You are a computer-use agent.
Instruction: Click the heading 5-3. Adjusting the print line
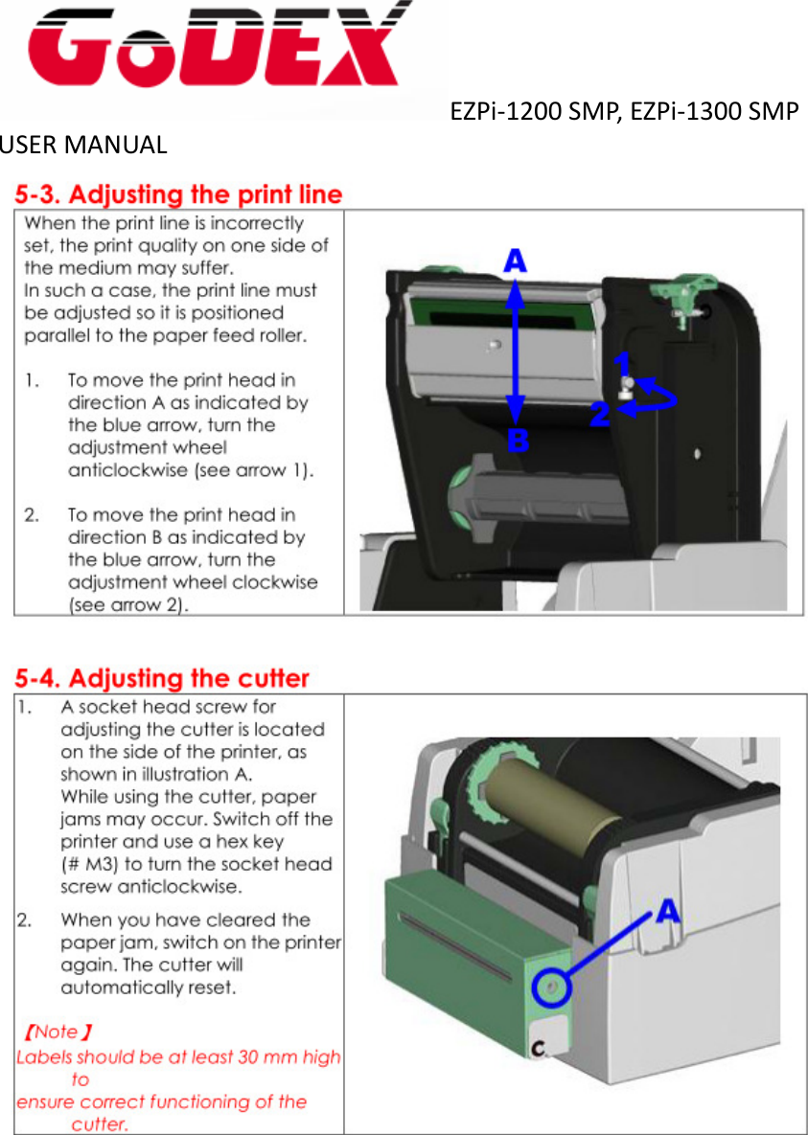178,194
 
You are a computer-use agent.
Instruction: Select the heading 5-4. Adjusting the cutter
161,679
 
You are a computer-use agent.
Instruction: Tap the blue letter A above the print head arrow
516,261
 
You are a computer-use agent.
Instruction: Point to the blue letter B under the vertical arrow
518,442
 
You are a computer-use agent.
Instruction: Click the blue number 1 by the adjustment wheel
623,365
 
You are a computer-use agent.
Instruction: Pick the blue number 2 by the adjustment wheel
600,415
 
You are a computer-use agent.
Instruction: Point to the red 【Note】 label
58,1032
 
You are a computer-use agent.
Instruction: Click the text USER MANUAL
83,146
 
